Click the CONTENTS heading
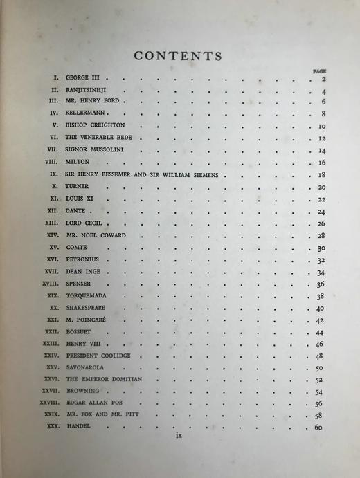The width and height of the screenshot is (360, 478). click(x=178, y=56)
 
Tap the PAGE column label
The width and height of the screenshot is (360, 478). click(x=319, y=71)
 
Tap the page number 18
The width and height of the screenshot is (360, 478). click(x=321, y=175)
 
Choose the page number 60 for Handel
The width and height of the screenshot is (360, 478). click(x=319, y=428)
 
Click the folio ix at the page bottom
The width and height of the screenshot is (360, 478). click(x=179, y=436)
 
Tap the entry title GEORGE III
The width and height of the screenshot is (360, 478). click(x=83, y=79)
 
